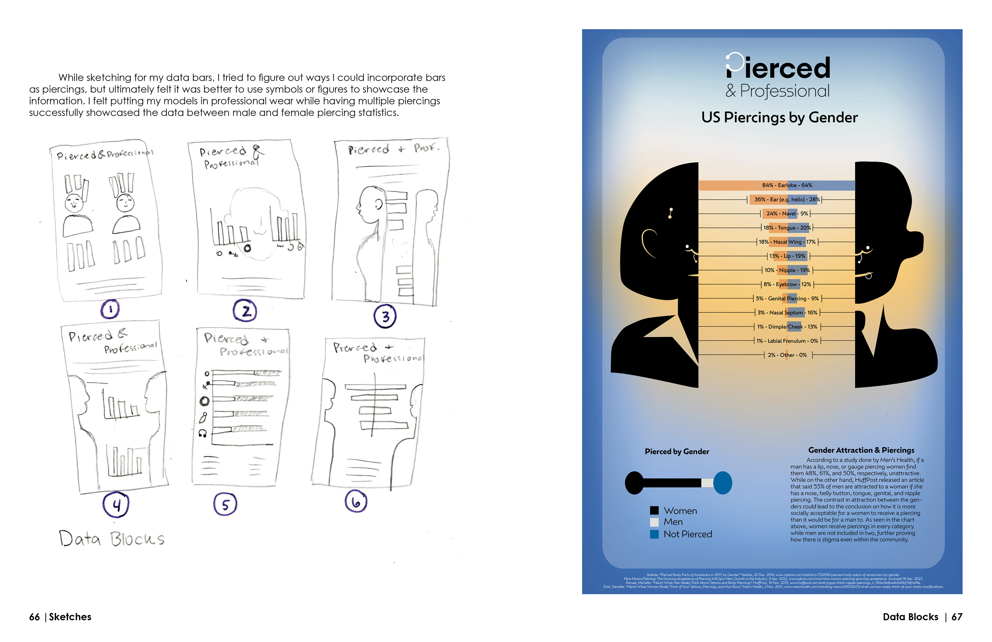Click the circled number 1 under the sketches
point(110,309)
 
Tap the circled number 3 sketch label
point(385,317)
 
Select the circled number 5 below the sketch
point(225,504)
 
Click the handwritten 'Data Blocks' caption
point(112,539)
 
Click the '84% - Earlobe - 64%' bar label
point(787,185)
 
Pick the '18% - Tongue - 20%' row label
point(787,228)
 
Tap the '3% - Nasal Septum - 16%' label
point(787,313)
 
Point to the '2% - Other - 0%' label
point(787,355)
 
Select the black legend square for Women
point(654,510)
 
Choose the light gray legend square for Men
point(654,522)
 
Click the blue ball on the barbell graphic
point(723,483)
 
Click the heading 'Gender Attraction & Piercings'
point(861,450)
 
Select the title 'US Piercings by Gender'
point(779,118)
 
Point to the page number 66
point(34,617)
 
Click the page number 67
point(957,617)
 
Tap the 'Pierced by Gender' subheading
point(677,452)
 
